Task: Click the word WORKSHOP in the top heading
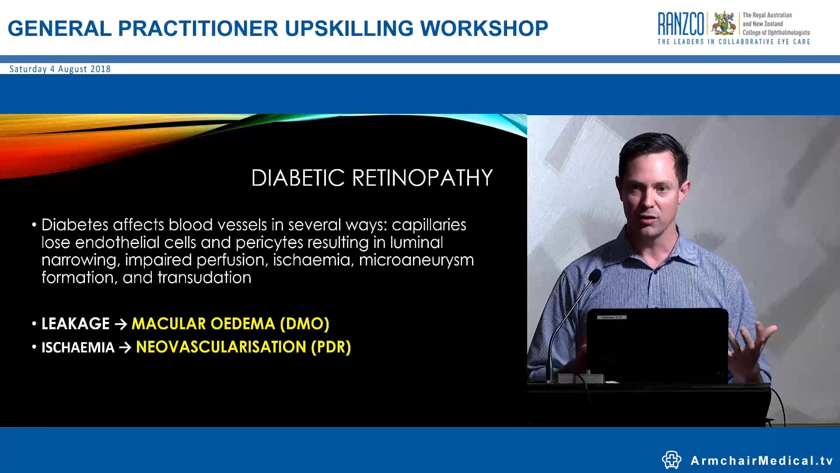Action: pos(484,29)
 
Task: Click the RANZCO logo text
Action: pos(681,24)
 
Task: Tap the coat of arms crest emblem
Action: pos(724,24)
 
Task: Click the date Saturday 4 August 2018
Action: pos(60,69)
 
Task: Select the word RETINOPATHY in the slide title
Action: pos(422,178)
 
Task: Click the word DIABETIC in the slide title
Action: pos(298,178)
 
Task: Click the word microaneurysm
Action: pos(416,260)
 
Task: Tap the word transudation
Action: pos(204,278)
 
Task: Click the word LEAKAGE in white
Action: pos(75,324)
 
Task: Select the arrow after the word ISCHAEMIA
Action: pos(125,348)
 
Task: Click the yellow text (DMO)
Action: pos(304,324)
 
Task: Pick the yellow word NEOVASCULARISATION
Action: pos(221,347)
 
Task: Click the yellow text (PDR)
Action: pos(331,347)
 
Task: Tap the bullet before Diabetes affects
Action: pos(34,225)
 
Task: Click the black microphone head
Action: pos(595,276)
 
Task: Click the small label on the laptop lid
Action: pos(614,317)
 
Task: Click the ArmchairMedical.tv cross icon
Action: pos(671,460)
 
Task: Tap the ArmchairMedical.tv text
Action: pos(761,461)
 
